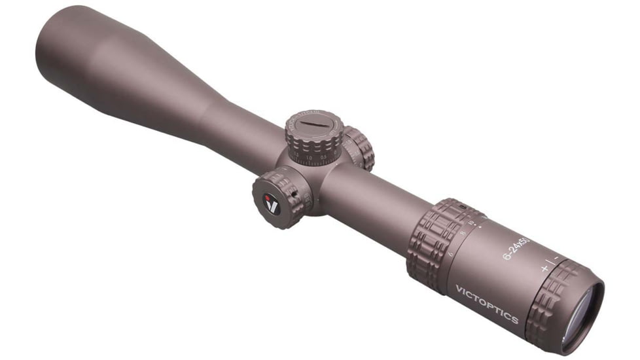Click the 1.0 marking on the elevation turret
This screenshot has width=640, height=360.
coord(309,158)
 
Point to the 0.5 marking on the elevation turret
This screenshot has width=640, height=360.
coord(323,156)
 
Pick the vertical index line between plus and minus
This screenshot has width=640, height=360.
coord(550,264)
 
